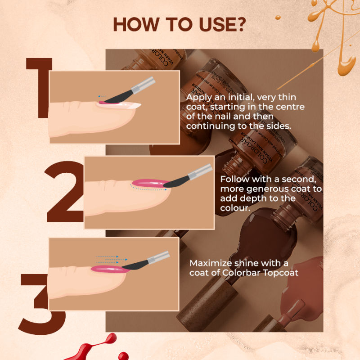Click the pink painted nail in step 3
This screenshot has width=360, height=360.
pos(108,269)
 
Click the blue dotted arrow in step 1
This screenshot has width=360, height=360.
pos(103,95)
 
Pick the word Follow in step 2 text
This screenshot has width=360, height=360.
pos(234,179)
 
